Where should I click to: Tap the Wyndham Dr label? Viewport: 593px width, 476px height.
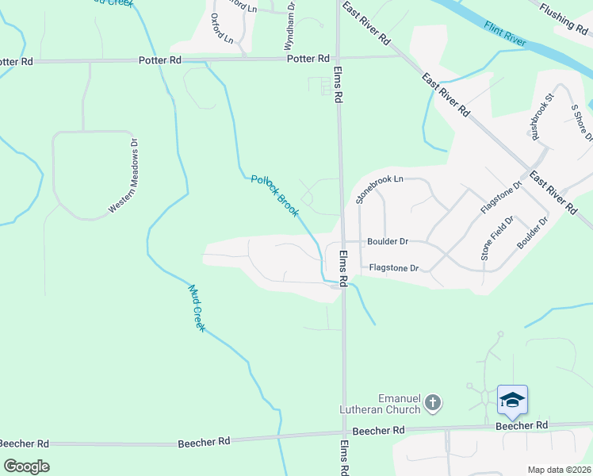291,26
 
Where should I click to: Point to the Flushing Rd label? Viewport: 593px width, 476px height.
564,15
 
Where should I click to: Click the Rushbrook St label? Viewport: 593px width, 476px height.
542,117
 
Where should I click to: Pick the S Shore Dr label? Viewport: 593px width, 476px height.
581,122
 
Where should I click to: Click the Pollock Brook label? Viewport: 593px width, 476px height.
274,196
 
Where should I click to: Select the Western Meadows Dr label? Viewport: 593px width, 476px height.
124,177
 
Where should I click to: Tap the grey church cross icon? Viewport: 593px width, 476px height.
433,402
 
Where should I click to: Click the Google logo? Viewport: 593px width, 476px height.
26,466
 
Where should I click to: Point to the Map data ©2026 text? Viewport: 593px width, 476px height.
559,470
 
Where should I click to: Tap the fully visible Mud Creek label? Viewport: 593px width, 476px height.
196,308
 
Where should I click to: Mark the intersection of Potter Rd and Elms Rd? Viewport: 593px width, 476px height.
338,58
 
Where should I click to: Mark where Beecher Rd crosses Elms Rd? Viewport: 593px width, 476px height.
344,433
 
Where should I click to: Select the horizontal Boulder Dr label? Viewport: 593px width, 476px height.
387,241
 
